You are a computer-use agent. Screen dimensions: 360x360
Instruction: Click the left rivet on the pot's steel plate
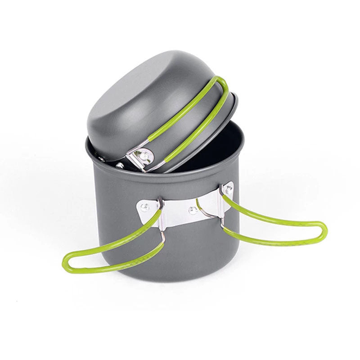[144, 207]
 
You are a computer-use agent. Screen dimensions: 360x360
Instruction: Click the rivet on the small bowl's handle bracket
[145, 156]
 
